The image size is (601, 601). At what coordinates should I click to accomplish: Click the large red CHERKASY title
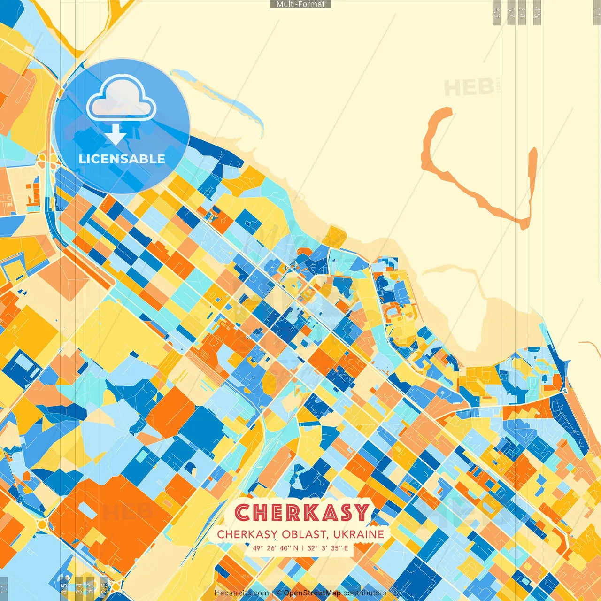[x=302, y=512]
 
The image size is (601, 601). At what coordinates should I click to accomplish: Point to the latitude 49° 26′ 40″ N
[x=275, y=548]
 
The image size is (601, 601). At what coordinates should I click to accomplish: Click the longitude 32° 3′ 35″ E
[x=328, y=548]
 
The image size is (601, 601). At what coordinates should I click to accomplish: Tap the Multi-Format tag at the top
[x=300, y=4]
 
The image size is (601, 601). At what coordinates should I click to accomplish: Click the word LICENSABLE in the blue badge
[x=122, y=159]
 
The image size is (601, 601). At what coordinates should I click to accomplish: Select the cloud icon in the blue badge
[x=121, y=99]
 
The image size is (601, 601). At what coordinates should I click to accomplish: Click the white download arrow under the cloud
[x=116, y=135]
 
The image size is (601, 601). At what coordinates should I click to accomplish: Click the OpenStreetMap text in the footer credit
[x=312, y=593]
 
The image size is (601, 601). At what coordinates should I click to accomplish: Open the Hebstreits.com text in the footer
[x=241, y=593]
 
